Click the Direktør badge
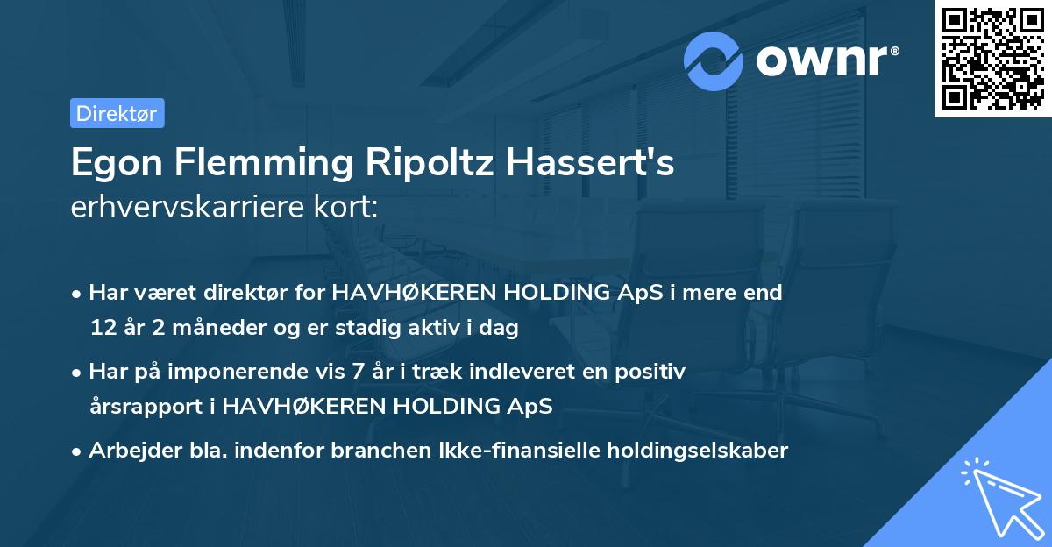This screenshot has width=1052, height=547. pos(117,113)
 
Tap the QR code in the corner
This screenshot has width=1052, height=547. pos(992,59)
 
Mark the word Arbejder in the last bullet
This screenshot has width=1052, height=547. pos(127,451)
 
